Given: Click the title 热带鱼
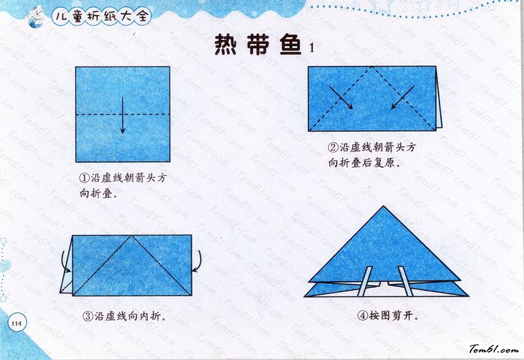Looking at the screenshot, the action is click(x=258, y=45).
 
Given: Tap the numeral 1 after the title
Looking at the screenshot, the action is click(x=312, y=48).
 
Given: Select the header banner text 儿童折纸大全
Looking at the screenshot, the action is click(x=102, y=16).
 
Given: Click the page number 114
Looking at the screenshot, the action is click(x=16, y=324).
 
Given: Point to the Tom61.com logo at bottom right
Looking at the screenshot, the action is click(x=494, y=349).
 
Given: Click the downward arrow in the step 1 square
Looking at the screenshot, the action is click(x=122, y=115).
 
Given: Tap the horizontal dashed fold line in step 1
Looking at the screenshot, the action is click(x=122, y=115).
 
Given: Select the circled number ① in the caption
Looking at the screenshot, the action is click(x=83, y=178).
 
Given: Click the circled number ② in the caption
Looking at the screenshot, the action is click(x=333, y=148).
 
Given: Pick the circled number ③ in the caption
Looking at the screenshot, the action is click(x=87, y=316).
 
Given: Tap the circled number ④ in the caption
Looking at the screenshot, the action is click(x=362, y=315).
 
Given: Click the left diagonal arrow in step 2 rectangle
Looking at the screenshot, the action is click(x=341, y=98).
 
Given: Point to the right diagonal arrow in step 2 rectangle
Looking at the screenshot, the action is click(x=403, y=97).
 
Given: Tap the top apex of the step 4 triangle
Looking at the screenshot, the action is click(x=383, y=206).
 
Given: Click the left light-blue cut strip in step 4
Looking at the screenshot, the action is click(x=364, y=281).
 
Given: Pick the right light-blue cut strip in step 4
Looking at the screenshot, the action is click(x=406, y=281).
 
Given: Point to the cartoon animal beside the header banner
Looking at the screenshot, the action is click(x=35, y=17).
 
